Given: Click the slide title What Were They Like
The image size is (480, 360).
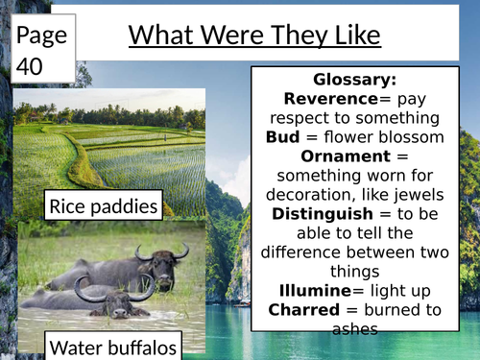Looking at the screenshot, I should [x=254, y=36].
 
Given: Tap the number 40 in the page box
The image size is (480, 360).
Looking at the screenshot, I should [x=33, y=65].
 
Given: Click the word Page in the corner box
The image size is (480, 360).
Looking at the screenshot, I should [x=41, y=36].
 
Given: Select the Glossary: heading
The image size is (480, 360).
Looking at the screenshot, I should [x=354, y=80].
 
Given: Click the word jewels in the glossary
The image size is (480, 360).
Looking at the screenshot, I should [x=414, y=194].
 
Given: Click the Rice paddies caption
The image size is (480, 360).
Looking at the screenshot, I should [x=104, y=205].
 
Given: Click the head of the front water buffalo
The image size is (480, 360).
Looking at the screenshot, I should [x=117, y=302].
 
